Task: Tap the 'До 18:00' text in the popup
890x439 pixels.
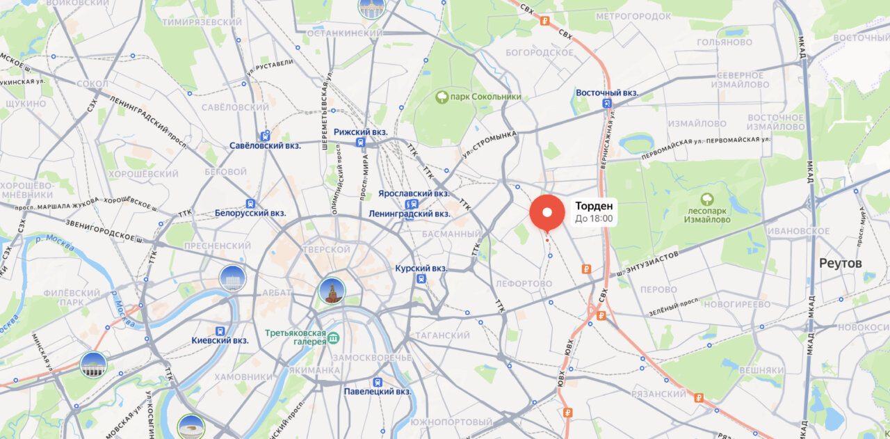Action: click(x=594, y=218)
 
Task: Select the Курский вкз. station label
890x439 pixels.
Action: click(x=421, y=268)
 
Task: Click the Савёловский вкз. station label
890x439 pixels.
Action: click(x=265, y=145)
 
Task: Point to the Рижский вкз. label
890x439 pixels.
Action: click(x=360, y=131)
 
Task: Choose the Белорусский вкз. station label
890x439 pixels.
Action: click(x=250, y=213)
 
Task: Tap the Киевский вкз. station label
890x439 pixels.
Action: click(x=220, y=340)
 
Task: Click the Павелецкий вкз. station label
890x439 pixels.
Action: click(x=378, y=391)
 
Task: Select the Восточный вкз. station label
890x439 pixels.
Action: click(x=607, y=93)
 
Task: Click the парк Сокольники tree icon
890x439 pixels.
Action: click(x=442, y=97)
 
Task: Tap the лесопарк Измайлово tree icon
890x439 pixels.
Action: click(x=707, y=200)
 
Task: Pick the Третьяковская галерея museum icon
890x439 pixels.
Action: click(x=334, y=338)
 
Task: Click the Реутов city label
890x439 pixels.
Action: click(x=840, y=264)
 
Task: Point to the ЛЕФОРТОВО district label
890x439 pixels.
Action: click(x=524, y=284)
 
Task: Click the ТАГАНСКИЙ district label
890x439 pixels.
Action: click(x=442, y=335)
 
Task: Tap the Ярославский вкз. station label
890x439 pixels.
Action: click(x=414, y=193)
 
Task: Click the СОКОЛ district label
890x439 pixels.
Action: click(x=92, y=84)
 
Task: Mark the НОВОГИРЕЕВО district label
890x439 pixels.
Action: click(x=736, y=304)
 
